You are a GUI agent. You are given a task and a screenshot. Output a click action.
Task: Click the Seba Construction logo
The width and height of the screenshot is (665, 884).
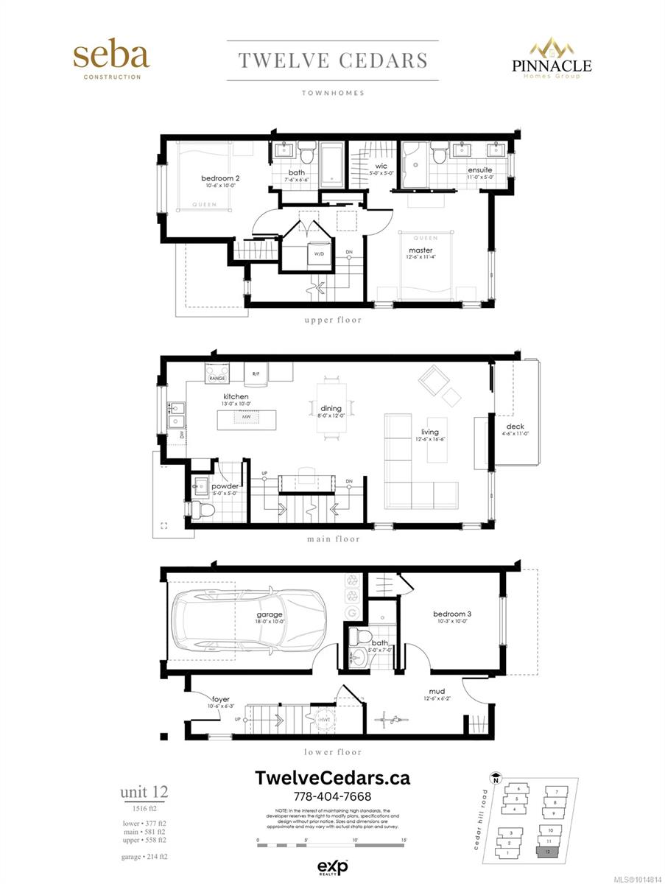(111, 60)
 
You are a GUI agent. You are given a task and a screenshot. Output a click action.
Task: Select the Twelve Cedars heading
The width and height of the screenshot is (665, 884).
(333, 60)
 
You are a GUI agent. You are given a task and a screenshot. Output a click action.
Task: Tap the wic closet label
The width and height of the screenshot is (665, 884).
(381, 166)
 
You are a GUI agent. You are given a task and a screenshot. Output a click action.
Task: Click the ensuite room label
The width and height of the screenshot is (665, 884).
(479, 170)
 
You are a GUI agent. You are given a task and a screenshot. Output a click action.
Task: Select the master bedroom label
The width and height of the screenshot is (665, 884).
(421, 250)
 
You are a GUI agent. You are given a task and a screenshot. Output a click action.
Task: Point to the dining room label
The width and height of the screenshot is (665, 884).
(331, 408)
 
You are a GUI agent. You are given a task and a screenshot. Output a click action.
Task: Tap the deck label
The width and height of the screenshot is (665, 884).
(515, 427)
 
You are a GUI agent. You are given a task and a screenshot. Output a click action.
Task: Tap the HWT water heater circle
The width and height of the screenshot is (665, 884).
(324, 719)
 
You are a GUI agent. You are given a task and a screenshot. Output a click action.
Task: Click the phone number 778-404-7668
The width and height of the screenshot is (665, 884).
(332, 796)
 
